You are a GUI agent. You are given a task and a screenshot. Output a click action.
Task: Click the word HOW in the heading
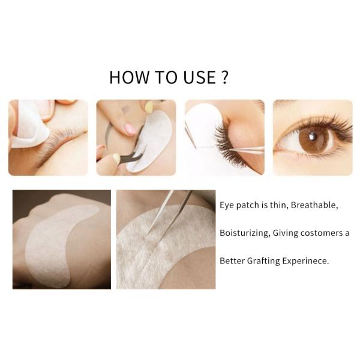[129, 77]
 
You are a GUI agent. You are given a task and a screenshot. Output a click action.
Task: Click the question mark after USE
[225, 77]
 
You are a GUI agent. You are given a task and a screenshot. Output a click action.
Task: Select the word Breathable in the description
[314, 205]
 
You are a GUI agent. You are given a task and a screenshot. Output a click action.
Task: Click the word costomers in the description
[322, 233]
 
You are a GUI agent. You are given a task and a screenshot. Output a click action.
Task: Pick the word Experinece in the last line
[305, 261]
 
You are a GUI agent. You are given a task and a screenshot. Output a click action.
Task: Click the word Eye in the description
[227, 205]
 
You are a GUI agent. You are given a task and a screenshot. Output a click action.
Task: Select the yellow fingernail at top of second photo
[149, 107]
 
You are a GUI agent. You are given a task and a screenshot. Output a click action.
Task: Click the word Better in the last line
[232, 261]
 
